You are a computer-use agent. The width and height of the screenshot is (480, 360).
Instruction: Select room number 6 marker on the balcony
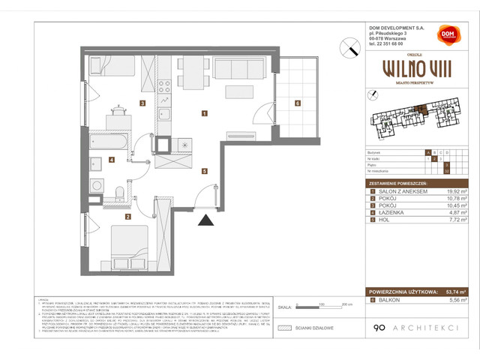coord(298,103)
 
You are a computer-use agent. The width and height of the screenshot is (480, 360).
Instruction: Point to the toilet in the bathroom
coord(120,196)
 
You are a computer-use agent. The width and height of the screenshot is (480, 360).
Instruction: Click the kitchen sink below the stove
coord(164,115)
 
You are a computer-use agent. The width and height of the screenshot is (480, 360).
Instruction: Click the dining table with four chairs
coord(191,72)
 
